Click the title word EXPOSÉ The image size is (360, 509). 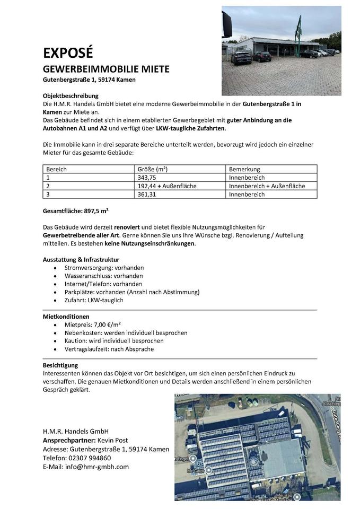[x=68, y=53]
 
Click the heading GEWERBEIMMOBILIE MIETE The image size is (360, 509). [x=106, y=69]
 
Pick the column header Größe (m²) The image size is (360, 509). [x=152, y=169]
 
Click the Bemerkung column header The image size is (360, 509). [x=244, y=169]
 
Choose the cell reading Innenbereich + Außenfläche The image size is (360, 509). [x=267, y=186]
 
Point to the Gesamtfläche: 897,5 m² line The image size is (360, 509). [x=75, y=210]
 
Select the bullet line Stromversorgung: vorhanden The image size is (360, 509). [x=103, y=268]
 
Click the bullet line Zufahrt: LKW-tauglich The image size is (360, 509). [x=93, y=300]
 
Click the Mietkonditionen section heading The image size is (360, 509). [x=66, y=317]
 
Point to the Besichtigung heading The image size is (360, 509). [x=60, y=365]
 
